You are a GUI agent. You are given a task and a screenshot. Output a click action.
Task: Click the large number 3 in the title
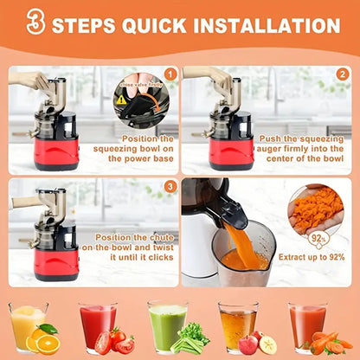tap(34, 24)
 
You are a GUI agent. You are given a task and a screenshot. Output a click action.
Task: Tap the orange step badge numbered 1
tap(170, 74)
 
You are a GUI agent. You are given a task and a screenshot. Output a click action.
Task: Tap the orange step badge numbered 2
tap(342, 74)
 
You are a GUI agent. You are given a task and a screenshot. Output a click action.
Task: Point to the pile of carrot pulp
tap(318, 209)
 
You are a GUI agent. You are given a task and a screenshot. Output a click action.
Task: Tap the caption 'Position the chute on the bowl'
tap(125, 243)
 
